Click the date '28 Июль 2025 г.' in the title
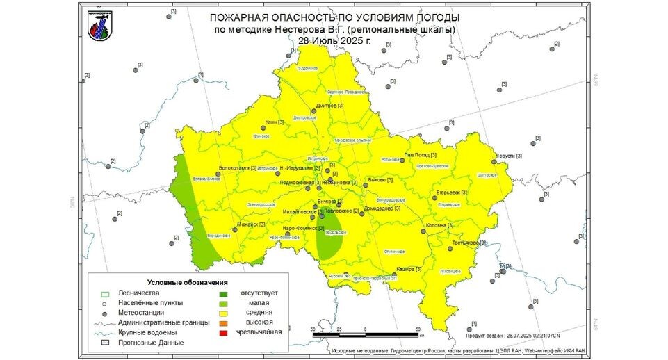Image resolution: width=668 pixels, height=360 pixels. point(333,40)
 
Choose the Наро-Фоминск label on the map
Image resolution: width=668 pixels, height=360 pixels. point(303,229)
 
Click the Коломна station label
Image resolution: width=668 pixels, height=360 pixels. point(438,225)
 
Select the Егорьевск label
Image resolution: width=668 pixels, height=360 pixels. point(451,193)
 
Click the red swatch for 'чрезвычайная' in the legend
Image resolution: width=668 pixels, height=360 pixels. point(224,333)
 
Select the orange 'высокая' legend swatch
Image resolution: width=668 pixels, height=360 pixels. point(224,322)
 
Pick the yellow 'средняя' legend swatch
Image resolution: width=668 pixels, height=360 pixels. point(224,313)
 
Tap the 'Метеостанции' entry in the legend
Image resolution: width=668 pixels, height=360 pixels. point(141,313)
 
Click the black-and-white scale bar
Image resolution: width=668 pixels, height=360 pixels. point(366,335)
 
